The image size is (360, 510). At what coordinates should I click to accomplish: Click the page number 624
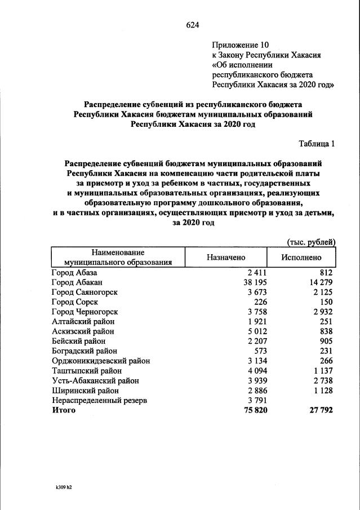pos(193,25)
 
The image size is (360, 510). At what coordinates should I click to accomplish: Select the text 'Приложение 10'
pos(241,45)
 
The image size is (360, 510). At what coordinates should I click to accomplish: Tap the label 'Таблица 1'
pos(316,144)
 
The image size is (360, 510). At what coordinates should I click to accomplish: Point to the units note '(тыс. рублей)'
pos(312,242)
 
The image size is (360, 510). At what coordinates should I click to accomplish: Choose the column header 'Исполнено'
pos(301,257)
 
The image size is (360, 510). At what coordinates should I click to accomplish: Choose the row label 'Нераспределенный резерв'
pos(99,400)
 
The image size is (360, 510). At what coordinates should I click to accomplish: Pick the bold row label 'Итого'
pos(63,410)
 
